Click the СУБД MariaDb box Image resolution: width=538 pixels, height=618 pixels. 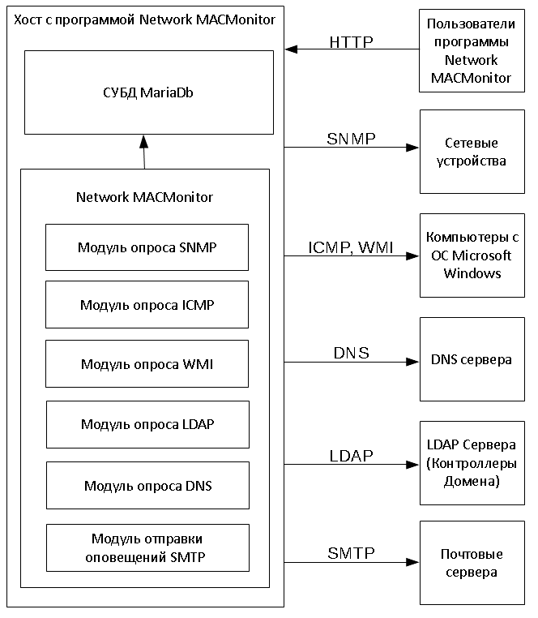pyautogui.click(x=148, y=92)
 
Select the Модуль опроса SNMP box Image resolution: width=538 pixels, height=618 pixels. pyautogui.click(x=147, y=247)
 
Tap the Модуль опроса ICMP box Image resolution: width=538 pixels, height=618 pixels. pyautogui.click(x=147, y=304)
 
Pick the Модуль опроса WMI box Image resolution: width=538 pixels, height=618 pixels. pyautogui.click(x=147, y=363)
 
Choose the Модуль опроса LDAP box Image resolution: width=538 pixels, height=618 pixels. pyautogui.click(x=147, y=424)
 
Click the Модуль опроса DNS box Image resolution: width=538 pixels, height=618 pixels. pyautogui.click(x=147, y=485)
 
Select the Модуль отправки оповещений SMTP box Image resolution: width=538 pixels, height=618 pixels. pyautogui.click(x=147, y=547)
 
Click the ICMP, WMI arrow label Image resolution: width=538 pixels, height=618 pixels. pyautogui.click(x=351, y=248)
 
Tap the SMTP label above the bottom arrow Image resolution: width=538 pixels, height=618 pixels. pyautogui.click(x=351, y=554)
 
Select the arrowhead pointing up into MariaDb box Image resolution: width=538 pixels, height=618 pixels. pyautogui.click(x=143, y=140)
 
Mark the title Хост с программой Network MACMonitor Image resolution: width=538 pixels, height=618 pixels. pyautogui.click(x=143, y=18)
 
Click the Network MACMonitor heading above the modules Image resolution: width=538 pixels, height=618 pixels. pyautogui.click(x=144, y=197)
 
